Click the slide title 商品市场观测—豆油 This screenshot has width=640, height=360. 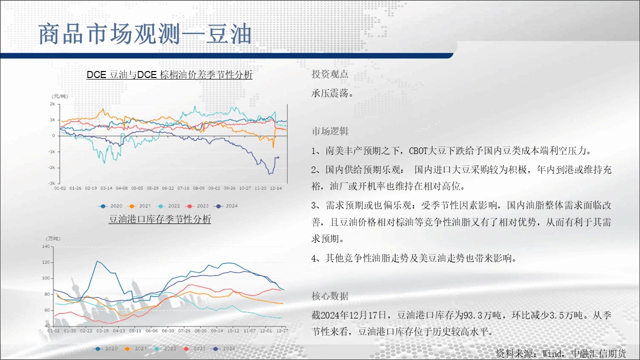pyautogui.click(x=145, y=34)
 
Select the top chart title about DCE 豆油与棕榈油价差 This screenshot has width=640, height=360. pyautogui.click(x=169, y=75)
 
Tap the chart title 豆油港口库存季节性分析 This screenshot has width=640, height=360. pyautogui.click(x=159, y=219)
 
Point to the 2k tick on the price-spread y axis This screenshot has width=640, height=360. pyautogui.click(x=52, y=104)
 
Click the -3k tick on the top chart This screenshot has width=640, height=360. pyautogui.click(x=51, y=183)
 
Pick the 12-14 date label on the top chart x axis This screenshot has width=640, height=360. pyautogui.click(x=275, y=188)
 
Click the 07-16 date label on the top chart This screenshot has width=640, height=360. pyautogui.click(x=183, y=188)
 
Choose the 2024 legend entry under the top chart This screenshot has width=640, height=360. pyautogui.click(x=227, y=206)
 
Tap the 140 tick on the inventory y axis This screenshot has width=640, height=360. pyautogui.click(x=45, y=246)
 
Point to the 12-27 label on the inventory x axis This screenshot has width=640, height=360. pyautogui.click(x=282, y=331)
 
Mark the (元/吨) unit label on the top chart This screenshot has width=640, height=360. pyautogui.click(x=59, y=96)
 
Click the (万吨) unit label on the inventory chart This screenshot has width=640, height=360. pyautogui.click(x=53, y=238)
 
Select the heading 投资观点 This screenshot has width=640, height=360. pyautogui.click(x=330, y=74)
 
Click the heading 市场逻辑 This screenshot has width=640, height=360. pyautogui.click(x=330, y=131)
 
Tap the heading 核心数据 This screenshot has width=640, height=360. pyautogui.click(x=330, y=296)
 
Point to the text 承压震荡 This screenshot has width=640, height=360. pyautogui.click(x=332, y=93)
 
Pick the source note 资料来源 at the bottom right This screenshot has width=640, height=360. pyautogui.click(x=560, y=353)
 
